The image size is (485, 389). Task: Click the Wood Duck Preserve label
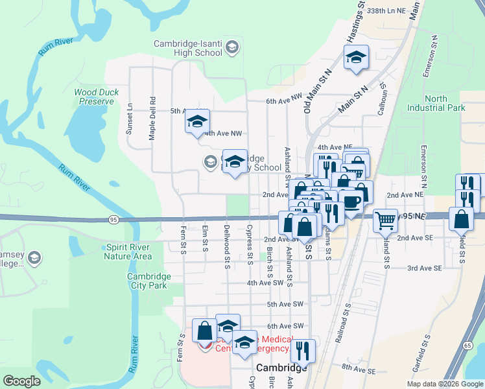point(97,97)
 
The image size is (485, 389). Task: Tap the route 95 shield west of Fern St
point(113,219)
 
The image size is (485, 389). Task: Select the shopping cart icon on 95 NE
point(385,221)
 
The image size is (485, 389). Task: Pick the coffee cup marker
point(351,202)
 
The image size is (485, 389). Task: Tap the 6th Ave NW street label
point(284,101)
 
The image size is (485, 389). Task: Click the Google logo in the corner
point(21,381)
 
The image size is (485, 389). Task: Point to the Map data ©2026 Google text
point(445,384)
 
